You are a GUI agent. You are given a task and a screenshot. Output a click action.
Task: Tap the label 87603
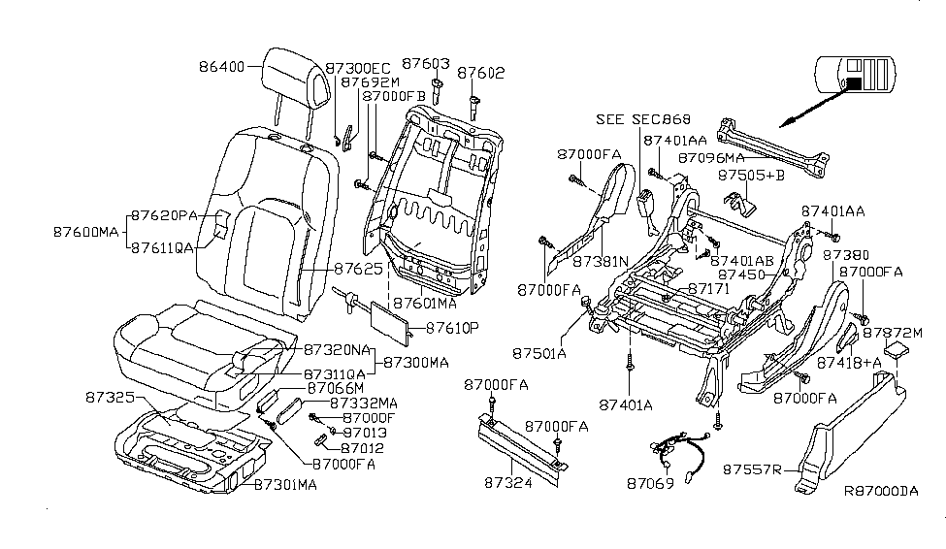(428, 64)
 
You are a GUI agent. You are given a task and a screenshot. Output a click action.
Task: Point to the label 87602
(481, 72)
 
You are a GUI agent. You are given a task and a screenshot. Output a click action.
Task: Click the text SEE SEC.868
(643, 119)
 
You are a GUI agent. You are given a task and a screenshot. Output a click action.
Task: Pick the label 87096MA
(711, 156)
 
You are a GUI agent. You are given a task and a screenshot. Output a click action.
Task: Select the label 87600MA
(85, 232)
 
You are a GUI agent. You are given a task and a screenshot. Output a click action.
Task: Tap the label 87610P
(447, 329)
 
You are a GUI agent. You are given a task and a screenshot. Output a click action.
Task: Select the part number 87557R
(753, 469)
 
